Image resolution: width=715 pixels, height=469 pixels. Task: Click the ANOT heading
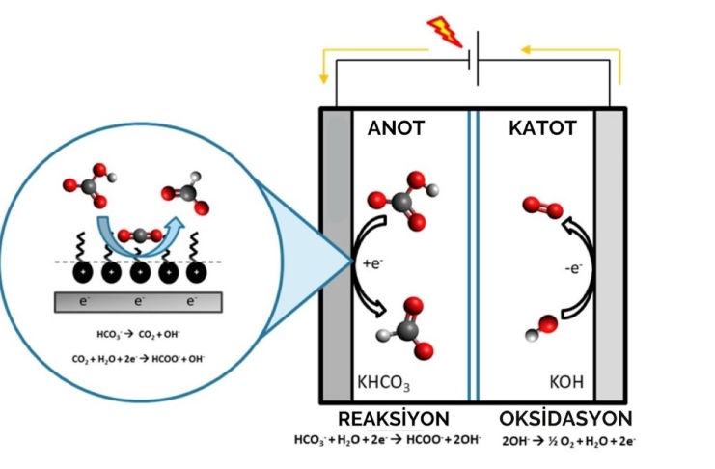point(396,127)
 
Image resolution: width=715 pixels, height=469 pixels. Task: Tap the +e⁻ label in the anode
point(371,263)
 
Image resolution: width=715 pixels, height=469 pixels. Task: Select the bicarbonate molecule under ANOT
point(398,200)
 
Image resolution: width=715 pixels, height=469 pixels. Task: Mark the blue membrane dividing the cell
point(473,256)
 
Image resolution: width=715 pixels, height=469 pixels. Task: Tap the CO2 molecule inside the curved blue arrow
point(137,235)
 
